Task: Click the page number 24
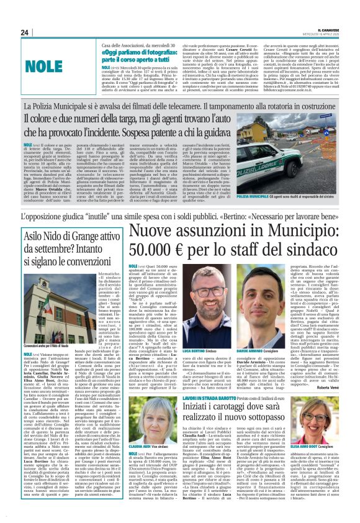coord(25,32)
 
